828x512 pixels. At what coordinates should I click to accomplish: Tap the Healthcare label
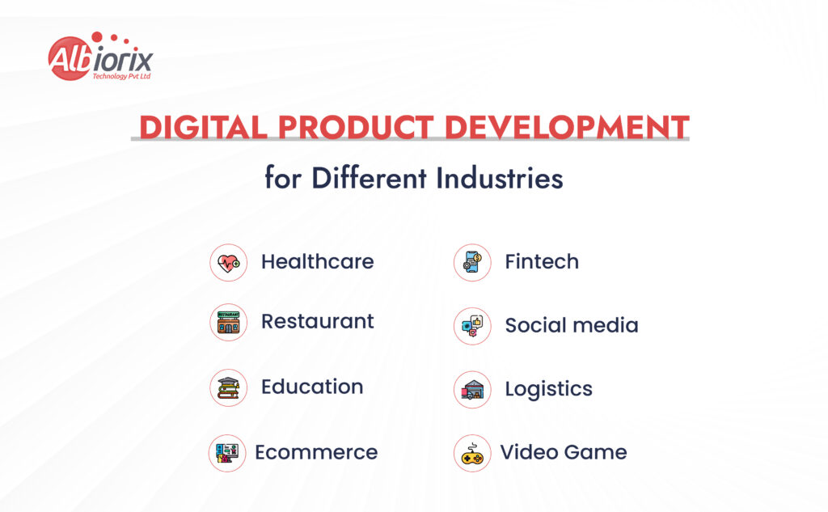tap(317, 262)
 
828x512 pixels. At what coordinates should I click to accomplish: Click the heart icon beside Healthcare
tap(229, 263)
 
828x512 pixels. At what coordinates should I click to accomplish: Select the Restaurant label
tap(317, 321)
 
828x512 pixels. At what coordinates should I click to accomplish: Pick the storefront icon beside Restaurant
tap(229, 323)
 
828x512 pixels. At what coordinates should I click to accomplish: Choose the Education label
tap(311, 387)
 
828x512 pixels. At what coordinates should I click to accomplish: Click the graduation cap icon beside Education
tap(229, 387)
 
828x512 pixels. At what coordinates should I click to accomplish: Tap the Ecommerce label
tap(316, 452)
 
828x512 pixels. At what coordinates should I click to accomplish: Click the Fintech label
tap(542, 262)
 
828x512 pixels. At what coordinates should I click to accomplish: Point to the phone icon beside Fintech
tap(472, 263)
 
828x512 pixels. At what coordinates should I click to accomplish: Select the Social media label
tap(572, 325)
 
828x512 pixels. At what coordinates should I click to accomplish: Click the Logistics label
tap(548, 389)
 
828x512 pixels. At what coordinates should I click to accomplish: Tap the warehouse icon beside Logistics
tap(472, 390)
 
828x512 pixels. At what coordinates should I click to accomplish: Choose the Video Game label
tap(563, 452)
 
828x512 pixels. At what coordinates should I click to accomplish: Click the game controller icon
tap(472, 454)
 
